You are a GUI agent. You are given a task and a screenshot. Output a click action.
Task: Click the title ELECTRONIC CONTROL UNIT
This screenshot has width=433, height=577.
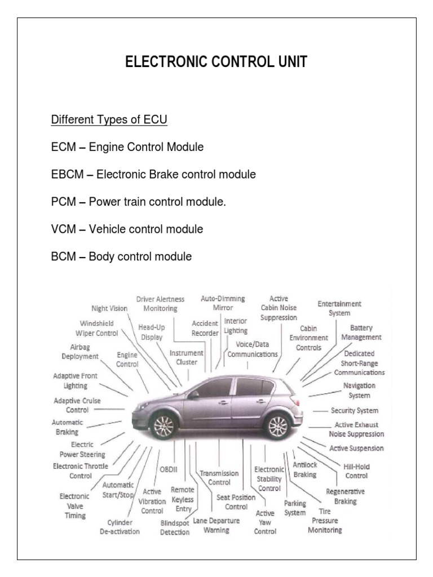216,63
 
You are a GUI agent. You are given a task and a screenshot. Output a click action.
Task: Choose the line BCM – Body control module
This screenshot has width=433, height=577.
121,257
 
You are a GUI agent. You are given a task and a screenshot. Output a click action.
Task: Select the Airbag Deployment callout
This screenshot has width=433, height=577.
77,352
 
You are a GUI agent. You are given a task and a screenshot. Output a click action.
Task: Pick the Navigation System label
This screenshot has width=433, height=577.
359,390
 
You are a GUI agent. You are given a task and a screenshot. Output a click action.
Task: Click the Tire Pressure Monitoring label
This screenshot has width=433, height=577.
325,521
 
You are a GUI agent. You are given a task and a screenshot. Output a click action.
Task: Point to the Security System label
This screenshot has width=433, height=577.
354,411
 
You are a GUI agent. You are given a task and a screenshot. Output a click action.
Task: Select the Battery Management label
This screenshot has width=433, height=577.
361,332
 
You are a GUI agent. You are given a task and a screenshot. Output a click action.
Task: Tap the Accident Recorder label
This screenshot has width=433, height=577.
205,328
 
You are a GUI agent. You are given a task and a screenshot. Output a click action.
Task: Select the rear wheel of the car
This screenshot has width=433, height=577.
277,425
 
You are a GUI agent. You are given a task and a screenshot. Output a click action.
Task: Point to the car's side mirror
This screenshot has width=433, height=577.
193,395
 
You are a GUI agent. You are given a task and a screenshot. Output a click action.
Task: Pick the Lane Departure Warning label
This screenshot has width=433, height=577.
216,525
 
